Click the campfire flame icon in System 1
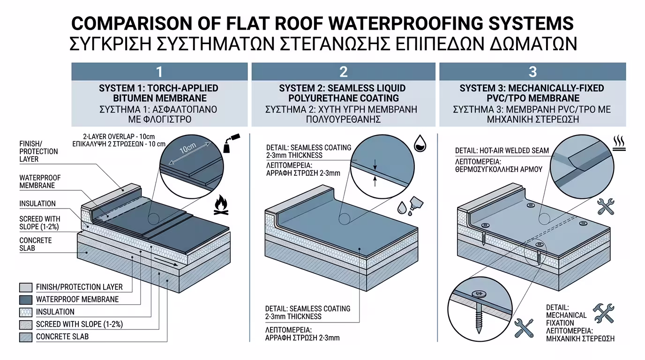221,206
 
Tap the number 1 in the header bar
159,72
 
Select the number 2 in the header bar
344,72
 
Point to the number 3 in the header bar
532,72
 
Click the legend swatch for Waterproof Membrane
26,300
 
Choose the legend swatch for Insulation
26,312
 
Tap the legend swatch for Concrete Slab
26,337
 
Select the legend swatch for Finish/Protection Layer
26,287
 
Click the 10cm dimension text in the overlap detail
187,149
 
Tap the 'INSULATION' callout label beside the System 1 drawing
37,204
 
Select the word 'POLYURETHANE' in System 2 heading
316,98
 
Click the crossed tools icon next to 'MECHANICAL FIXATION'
603,313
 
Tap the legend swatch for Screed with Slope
26,324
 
